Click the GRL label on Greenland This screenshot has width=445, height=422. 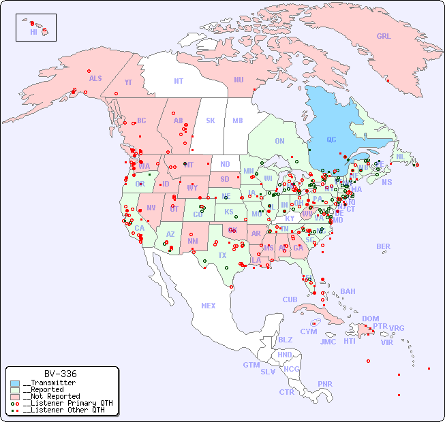[384, 36]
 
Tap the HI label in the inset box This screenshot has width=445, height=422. [33, 32]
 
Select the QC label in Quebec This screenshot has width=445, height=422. [331, 140]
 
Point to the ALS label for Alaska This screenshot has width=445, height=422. [95, 78]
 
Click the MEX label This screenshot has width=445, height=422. [208, 306]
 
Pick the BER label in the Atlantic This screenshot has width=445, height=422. [383, 246]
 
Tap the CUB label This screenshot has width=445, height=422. [290, 299]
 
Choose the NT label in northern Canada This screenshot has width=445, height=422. [178, 80]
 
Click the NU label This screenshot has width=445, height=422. [239, 80]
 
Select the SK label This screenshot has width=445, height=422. [211, 120]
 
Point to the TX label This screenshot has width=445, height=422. [222, 255]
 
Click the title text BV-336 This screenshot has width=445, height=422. [60, 374]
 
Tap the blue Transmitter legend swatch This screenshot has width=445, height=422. [15, 383]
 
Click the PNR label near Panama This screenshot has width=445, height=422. [325, 384]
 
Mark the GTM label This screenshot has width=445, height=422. [251, 365]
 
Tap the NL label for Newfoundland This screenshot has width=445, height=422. [400, 156]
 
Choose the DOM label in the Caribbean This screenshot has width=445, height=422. [370, 319]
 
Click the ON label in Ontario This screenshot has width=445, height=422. [279, 141]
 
